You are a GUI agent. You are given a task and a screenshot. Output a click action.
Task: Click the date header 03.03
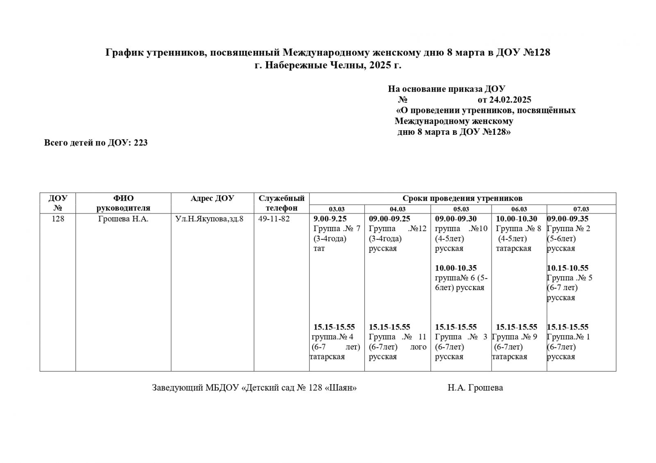pos(337,209)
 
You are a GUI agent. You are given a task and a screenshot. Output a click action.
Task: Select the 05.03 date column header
pos(461,209)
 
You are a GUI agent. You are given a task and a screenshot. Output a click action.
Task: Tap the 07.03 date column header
pos(581,209)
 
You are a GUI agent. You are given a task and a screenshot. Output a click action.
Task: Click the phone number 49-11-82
pos(274,219)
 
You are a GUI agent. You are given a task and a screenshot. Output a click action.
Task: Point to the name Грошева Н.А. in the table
pos(123,219)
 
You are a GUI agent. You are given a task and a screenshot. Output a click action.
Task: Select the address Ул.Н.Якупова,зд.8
pos(209,219)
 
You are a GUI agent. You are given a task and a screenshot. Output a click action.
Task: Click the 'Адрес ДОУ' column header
pos(212,198)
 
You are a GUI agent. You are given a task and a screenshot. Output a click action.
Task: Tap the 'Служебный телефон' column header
pos(282,203)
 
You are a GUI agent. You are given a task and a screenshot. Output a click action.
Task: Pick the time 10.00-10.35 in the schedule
pos(456,268)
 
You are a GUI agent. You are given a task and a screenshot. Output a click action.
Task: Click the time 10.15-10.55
pos(567,268)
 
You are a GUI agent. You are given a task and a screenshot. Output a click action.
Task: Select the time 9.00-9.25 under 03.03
pos(330,219)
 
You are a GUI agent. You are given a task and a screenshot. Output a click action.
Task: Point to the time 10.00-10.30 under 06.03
pos(516,219)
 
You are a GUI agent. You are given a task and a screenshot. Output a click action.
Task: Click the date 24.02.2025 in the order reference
pos(510,100)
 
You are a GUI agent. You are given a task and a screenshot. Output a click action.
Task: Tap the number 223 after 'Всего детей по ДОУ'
pos(141,143)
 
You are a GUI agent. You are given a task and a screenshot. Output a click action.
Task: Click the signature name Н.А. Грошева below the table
pos(475,388)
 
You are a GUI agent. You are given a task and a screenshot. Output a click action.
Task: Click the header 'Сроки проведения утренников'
pos(462,198)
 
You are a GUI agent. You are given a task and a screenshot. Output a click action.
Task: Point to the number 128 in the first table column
pos(58,219)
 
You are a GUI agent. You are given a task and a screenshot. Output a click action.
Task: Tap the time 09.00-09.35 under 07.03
pos(567,219)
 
